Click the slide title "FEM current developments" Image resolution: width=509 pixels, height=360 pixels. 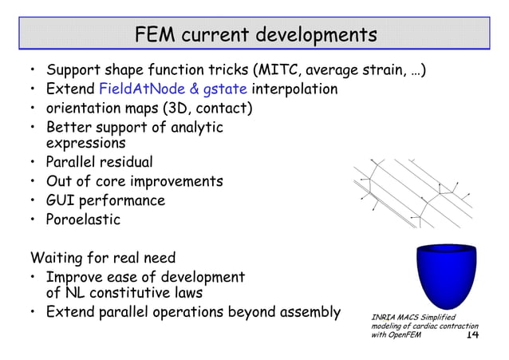(x=254, y=35)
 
